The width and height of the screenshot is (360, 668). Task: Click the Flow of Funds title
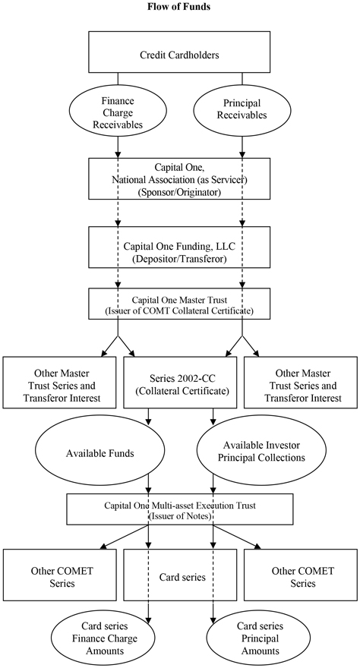coord(179,6)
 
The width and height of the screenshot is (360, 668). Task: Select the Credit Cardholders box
coord(179,52)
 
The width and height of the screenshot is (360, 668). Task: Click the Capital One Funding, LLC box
coord(179,247)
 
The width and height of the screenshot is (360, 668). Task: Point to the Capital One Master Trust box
coord(179,304)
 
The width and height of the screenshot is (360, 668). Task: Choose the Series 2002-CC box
coord(180,382)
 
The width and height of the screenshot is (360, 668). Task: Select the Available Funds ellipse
coord(99,453)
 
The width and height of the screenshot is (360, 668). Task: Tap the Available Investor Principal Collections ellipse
coord(261,452)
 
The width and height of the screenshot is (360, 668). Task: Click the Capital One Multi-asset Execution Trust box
coord(180,509)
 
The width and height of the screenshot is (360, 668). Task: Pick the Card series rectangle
coord(180,575)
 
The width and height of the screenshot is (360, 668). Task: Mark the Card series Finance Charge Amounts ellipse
coord(105,638)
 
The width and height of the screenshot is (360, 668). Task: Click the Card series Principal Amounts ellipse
coord(261,638)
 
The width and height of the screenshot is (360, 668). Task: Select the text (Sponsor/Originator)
coord(179,192)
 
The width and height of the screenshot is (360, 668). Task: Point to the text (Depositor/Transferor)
coord(179,259)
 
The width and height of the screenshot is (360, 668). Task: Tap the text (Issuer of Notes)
coord(180,516)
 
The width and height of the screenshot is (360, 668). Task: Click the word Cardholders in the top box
coord(193,55)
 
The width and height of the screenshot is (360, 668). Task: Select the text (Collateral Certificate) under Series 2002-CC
coord(180,391)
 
